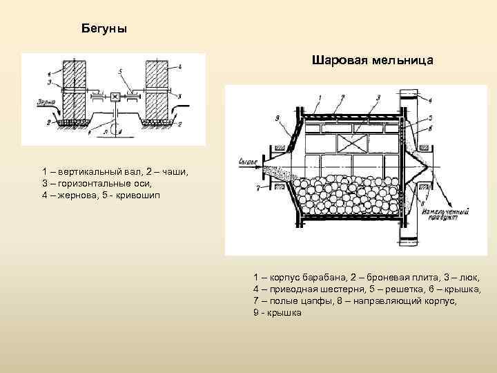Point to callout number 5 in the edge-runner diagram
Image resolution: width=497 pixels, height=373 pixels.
(119, 71)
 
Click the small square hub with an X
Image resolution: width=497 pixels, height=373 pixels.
(115, 96)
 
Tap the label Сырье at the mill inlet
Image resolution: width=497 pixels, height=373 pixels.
(247, 162)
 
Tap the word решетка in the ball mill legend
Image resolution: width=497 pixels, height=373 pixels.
(404, 288)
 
